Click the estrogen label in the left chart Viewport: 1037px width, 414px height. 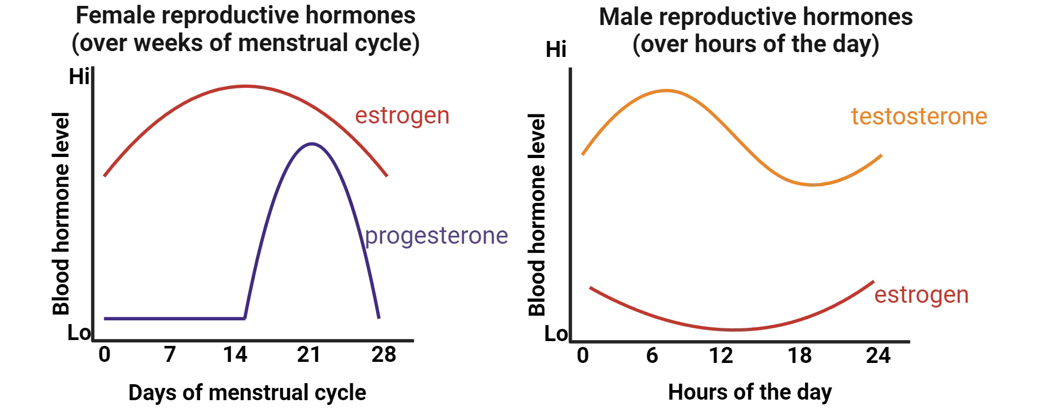pyautogui.click(x=402, y=115)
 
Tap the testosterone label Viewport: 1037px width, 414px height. pyautogui.click(x=919, y=117)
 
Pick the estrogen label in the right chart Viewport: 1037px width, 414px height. pyautogui.click(x=921, y=296)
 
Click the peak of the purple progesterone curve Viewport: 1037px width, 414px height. pyautogui.click(x=312, y=143)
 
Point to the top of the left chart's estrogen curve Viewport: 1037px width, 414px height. pyautogui.click(x=245, y=86)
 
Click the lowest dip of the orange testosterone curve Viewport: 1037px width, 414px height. pyautogui.click(x=814, y=185)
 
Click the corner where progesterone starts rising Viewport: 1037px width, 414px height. pyautogui.click(x=245, y=319)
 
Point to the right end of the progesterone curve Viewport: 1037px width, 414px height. pyautogui.click(x=379, y=317)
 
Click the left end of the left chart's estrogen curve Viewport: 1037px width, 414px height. pyautogui.click(x=105, y=176)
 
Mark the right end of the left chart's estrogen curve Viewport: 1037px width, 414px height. pyautogui.click(x=388, y=176)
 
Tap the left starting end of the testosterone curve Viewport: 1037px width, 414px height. pyautogui.click(x=582, y=154)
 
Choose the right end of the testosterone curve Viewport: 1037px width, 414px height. pyautogui.click(x=883, y=155)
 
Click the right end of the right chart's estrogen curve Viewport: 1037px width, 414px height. pyautogui.click(x=873, y=280)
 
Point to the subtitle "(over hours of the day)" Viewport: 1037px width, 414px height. pyautogui.click(x=755, y=46)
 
